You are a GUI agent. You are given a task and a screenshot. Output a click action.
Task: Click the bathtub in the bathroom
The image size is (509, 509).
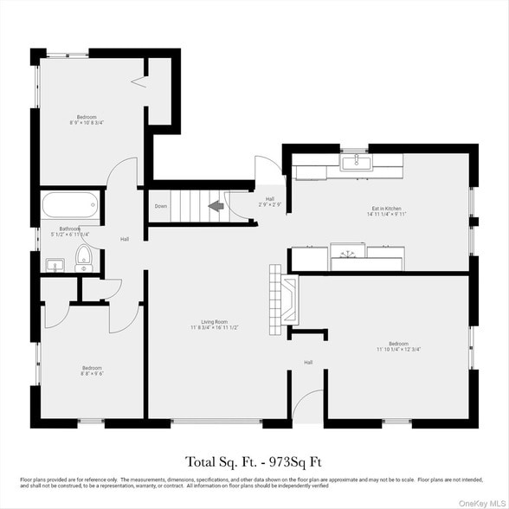coord(70,206)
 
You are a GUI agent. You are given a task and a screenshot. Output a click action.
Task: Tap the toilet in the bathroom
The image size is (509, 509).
coord(84,254)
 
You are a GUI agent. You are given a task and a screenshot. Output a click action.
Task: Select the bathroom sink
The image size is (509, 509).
coord(54,267)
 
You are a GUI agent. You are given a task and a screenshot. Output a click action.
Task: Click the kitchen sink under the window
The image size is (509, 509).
coord(355,162)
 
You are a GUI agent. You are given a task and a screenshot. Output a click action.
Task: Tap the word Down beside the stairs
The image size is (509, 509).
coord(161,207)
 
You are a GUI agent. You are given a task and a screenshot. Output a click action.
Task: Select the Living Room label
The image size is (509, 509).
coord(215,324)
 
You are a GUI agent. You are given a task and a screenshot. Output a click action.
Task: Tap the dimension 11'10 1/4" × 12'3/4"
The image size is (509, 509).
coord(399,349)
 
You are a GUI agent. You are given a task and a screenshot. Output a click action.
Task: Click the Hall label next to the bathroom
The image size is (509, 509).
coord(125,239)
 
